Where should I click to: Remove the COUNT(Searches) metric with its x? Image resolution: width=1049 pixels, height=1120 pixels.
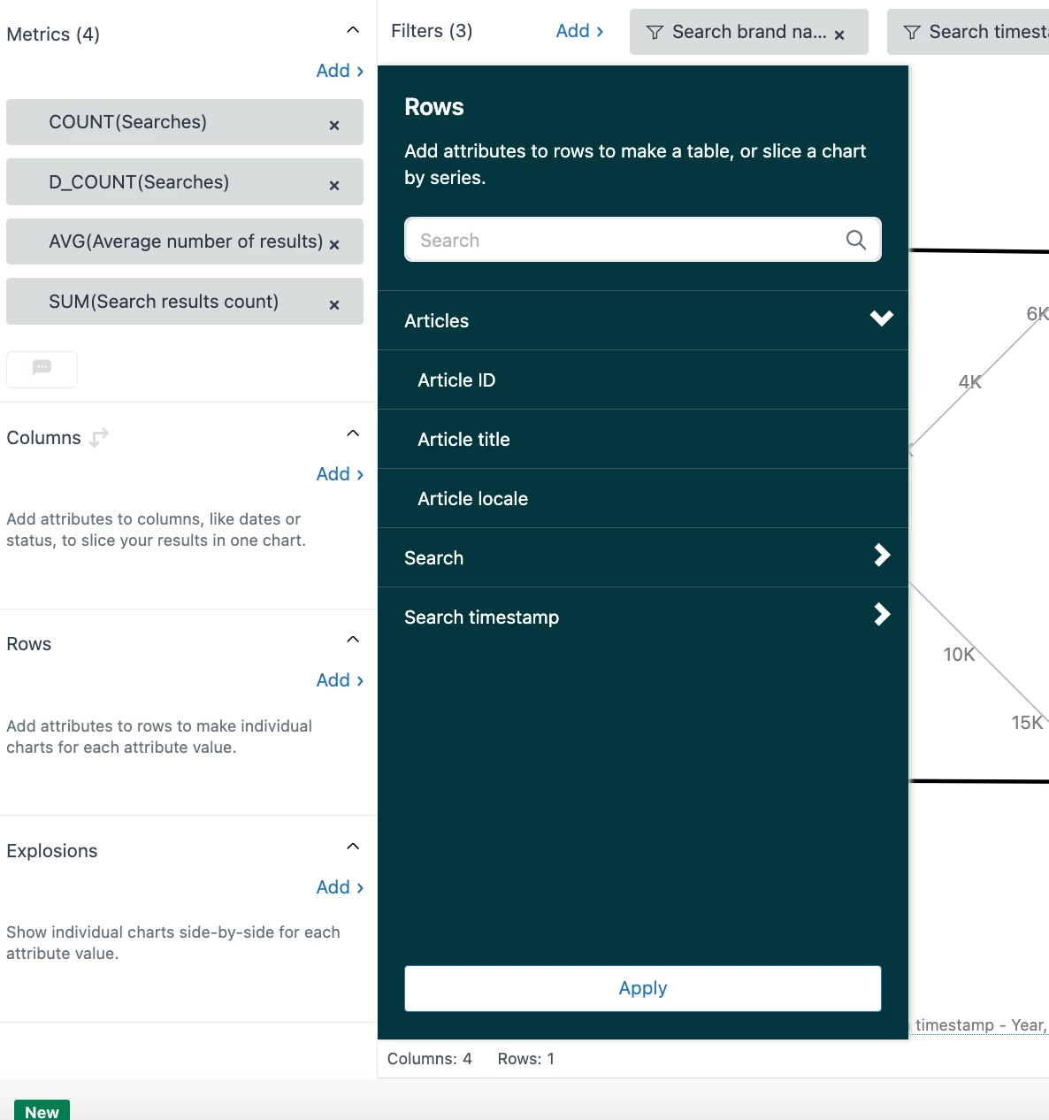click(334, 126)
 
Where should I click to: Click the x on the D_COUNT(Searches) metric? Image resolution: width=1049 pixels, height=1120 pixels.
click(334, 186)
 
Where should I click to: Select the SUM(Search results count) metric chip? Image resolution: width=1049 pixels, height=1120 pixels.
click(185, 301)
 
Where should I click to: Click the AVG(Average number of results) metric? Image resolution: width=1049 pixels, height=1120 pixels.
click(185, 242)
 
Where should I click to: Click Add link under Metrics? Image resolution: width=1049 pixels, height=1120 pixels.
click(340, 71)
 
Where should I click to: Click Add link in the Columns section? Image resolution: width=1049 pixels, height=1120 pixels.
click(340, 473)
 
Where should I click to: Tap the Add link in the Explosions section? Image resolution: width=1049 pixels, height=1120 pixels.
click(340, 887)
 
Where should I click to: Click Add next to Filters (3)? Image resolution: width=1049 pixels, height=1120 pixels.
click(579, 30)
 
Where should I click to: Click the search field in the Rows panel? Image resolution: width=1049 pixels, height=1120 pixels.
click(642, 240)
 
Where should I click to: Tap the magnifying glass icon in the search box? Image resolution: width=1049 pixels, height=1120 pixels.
click(855, 240)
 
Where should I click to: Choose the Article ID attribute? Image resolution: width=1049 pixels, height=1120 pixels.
click(456, 380)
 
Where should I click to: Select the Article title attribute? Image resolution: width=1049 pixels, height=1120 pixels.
click(463, 440)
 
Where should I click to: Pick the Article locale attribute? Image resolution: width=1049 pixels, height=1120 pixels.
click(472, 499)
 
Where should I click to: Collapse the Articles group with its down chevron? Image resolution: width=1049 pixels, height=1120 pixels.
click(882, 318)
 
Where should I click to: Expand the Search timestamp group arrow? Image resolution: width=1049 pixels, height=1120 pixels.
click(882, 614)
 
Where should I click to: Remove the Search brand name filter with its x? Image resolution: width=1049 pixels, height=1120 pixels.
click(839, 35)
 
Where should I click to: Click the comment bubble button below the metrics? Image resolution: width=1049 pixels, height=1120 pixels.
click(42, 370)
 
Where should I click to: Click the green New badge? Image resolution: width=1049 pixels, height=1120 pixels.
click(42, 1111)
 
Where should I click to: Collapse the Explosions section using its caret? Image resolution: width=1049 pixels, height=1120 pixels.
click(353, 846)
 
